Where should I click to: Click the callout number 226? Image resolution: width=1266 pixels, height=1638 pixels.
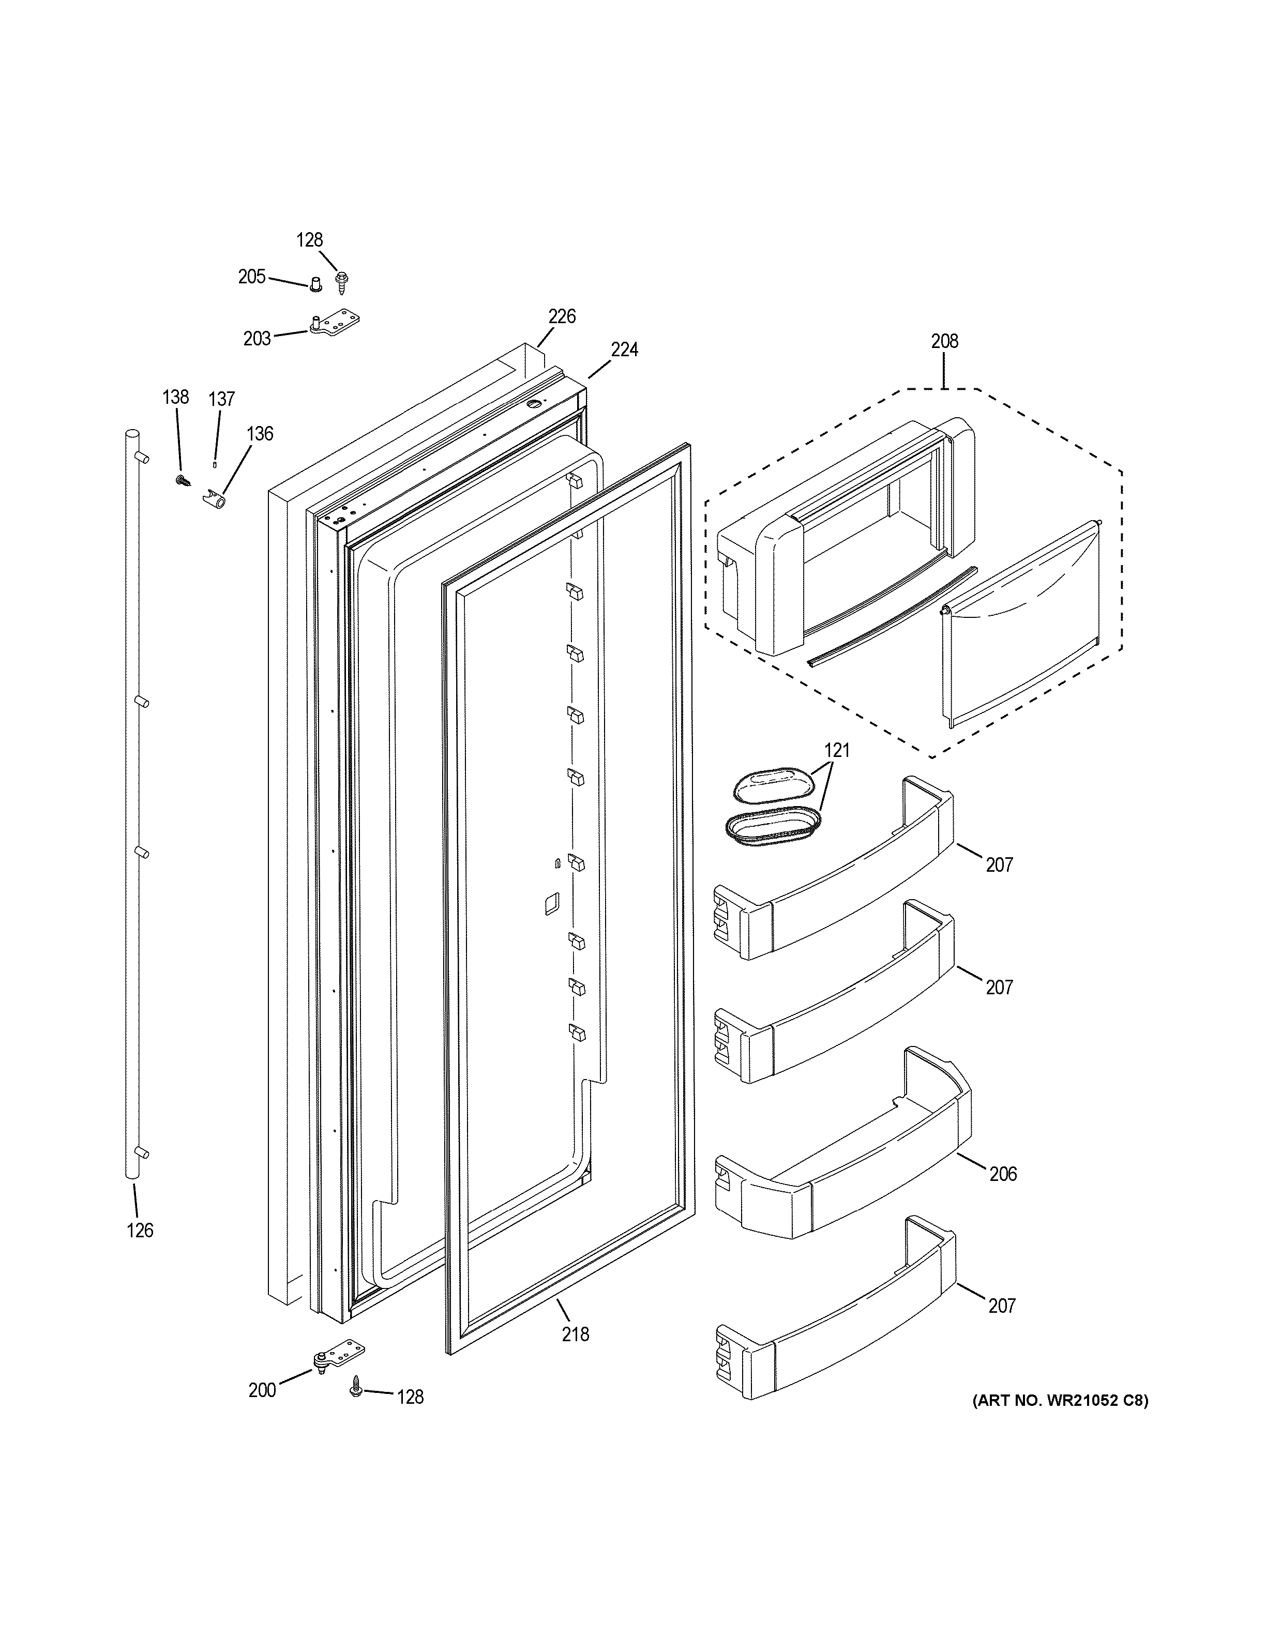562,316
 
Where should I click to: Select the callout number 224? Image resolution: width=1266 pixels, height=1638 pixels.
624,350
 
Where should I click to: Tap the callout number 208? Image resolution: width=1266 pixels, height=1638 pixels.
944,341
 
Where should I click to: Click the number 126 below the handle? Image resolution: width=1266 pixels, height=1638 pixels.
140,1230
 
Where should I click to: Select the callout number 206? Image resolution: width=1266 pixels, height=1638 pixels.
1003,1174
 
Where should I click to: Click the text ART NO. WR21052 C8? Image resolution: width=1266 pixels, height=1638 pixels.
1060,1400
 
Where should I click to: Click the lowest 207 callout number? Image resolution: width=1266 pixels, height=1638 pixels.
1002,1306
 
